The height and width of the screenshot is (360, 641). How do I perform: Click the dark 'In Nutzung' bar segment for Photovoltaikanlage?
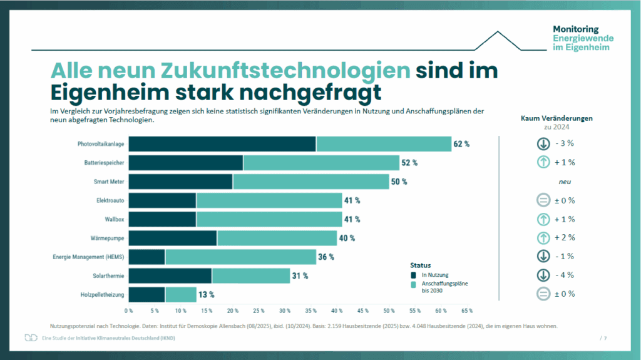[x=222, y=144]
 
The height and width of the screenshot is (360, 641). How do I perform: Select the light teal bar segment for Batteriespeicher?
[x=321, y=163]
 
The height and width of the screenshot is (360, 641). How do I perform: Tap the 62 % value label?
[x=461, y=144]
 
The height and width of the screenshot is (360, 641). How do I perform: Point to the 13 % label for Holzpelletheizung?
[x=206, y=294]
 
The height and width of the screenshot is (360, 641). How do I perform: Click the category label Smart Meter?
[x=108, y=182]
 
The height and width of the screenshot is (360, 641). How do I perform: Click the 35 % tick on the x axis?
[x=311, y=311]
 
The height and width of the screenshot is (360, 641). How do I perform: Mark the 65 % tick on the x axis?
[x=467, y=311]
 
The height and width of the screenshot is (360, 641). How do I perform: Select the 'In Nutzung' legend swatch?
[x=414, y=274]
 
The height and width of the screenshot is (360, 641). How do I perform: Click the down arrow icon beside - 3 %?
[x=543, y=143]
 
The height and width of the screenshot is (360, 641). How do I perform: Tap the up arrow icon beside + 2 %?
[x=543, y=237]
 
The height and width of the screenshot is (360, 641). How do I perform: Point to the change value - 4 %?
[x=565, y=275]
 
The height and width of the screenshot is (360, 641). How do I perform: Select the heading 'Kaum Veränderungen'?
[x=556, y=118]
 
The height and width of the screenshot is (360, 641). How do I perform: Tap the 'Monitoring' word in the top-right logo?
[x=576, y=29]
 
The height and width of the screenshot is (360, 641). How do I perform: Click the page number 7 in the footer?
[x=605, y=338]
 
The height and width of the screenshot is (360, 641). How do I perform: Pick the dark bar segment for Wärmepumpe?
[x=173, y=238]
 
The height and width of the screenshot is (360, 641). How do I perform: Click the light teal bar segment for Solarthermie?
[x=250, y=275]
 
